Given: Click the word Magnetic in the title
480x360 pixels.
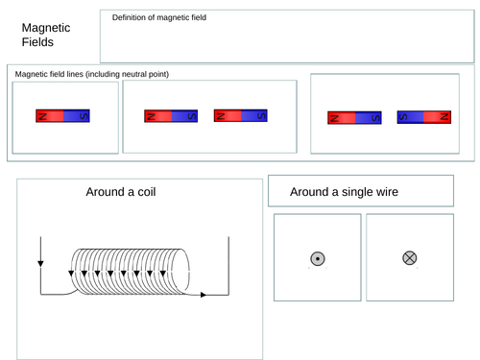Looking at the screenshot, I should (47, 29).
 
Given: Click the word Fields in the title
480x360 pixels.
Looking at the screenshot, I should (38, 43).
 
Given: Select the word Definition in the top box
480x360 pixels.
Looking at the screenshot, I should (133, 18).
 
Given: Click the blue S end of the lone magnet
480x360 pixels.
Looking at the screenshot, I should (77, 115).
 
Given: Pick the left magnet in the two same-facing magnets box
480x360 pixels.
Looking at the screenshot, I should (171, 116).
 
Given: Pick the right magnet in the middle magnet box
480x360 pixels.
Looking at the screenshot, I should (240, 115).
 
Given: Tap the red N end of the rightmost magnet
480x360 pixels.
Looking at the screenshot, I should (439, 119).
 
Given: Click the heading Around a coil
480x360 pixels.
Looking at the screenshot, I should (121, 192).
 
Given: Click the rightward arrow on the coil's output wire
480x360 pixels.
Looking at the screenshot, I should (204, 295).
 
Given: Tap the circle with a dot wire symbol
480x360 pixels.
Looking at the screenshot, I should (318, 258).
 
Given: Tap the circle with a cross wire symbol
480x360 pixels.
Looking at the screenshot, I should (410, 258).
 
